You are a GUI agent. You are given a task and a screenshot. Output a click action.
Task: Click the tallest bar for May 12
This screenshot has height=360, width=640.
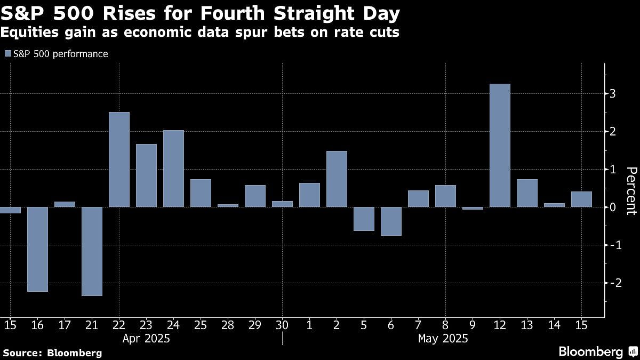point(500,145)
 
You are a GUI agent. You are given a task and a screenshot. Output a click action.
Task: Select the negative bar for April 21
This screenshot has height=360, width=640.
point(92,251)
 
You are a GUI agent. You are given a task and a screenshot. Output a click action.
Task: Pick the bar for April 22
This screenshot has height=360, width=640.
point(119,159)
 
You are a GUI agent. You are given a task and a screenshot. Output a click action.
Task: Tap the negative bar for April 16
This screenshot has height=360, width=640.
point(37,249)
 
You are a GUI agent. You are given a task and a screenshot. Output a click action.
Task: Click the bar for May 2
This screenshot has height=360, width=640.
point(337,179)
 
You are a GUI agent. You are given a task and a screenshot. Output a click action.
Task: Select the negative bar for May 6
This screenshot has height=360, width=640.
point(391,221)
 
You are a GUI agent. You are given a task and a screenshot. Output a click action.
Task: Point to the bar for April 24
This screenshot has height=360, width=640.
point(173,169)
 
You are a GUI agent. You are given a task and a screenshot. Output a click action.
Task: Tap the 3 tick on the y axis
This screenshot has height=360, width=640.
point(613,94)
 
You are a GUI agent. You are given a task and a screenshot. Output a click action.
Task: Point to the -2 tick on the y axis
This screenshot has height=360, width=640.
point(613,283)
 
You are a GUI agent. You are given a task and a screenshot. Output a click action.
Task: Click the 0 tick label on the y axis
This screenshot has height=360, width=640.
point(613,207)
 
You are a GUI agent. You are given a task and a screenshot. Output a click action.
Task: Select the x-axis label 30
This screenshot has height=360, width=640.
point(282,324)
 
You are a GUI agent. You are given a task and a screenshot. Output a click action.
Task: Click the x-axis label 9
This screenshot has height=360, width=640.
point(473,324)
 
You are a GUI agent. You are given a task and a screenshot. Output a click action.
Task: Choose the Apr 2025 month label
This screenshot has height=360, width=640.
point(146,338)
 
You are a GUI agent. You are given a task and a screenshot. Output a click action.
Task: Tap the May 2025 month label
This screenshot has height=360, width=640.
point(443,338)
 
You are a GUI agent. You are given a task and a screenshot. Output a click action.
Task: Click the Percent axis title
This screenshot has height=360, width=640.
point(631,190)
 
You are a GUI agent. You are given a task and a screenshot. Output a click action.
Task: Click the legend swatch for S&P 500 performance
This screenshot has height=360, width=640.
point(7,54)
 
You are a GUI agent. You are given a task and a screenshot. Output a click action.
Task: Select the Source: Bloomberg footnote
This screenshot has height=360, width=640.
point(52,353)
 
